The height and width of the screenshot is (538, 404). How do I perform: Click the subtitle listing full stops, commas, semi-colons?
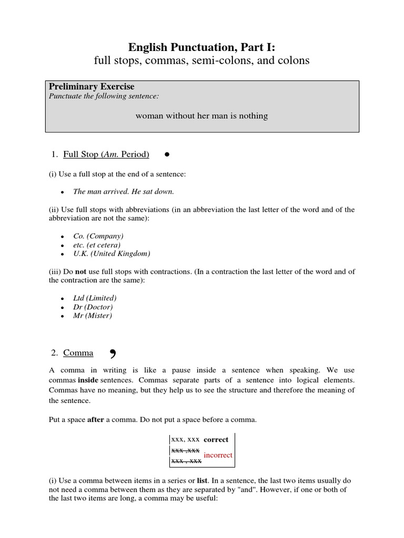coord(201,61)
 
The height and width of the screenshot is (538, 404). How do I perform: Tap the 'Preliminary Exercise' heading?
coord(92,87)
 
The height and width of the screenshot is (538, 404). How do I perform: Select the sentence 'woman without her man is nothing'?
coord(201,116)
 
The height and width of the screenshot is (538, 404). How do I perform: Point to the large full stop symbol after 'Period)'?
coord(166,154)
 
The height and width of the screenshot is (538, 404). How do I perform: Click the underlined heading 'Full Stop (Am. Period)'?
coord(106,154)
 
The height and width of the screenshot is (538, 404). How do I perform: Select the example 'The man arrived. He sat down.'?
coord(123,191)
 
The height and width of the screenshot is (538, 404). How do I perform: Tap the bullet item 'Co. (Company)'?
coord(98,236)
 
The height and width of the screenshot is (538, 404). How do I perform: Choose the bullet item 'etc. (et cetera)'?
coord(97,245)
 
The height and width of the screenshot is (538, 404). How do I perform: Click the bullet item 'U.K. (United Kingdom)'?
coord(112,254)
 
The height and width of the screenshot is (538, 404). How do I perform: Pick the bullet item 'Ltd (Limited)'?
coord(95,298)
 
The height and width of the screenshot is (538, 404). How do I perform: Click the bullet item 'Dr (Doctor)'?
coord(93,307)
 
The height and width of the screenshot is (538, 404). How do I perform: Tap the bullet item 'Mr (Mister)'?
coord(92,316)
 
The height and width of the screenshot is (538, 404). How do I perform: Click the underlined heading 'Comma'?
coord(78,353)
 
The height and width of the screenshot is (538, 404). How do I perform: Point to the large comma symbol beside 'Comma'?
coord(113,354)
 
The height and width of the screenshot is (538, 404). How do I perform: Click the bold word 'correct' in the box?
coord(216,440)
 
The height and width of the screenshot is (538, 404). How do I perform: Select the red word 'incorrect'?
coord(218,455)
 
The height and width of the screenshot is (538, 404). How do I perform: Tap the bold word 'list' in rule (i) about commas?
coord(202,481)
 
